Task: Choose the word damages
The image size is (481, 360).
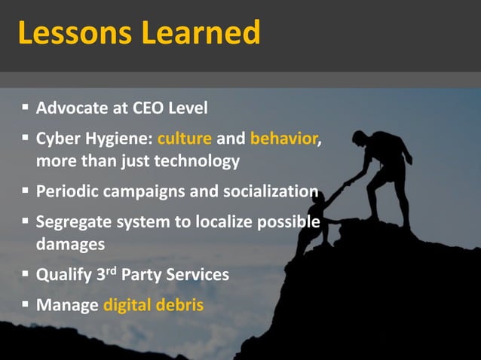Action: pyautogui.click(x=71, y=244)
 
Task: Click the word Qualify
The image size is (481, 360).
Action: pyautogui.click(x=65, y=275)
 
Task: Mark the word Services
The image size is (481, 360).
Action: pyautogui.click(x=197, y=275)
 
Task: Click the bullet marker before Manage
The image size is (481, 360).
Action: pyautogui.click(x=26, y=306)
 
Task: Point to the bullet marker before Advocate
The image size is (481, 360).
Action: pyautogui.click(x=26, y=108)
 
